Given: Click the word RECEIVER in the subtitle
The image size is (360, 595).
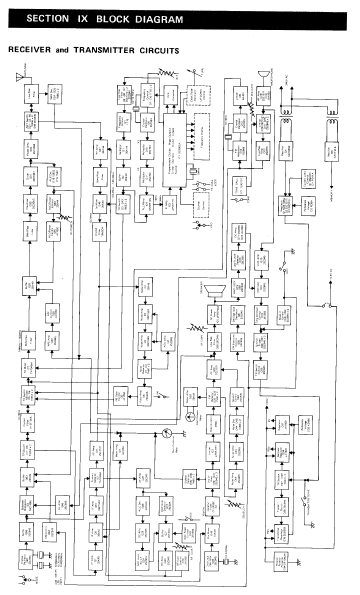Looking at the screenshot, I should [31, 48].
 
